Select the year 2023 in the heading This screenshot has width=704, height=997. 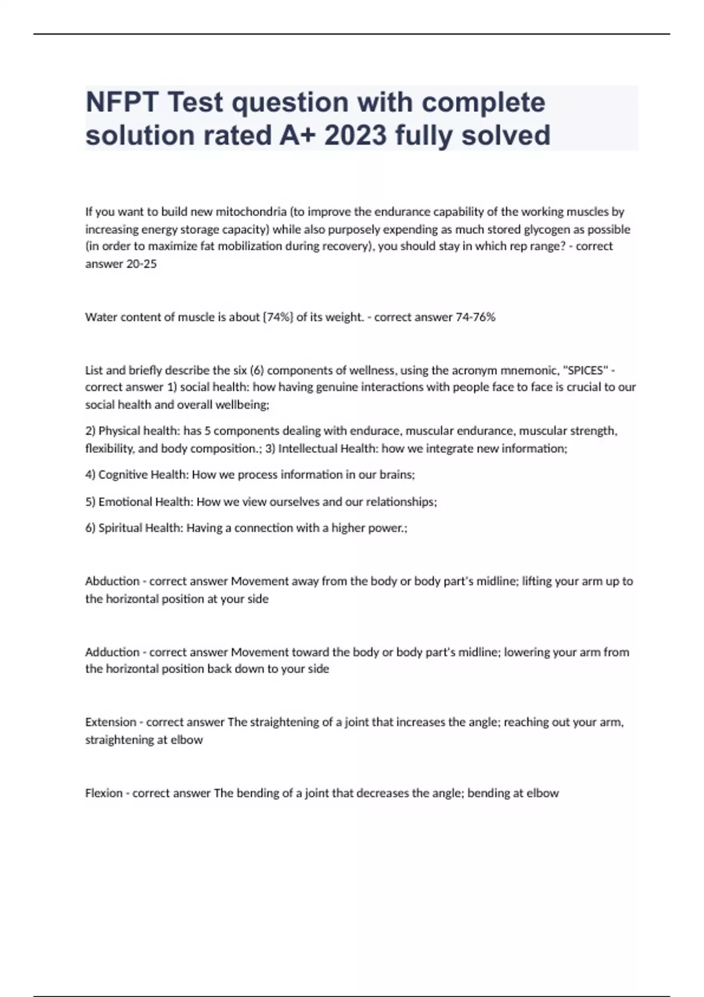pos(355,135)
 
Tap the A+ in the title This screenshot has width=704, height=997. pos(297,135)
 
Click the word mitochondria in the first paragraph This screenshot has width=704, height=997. pos(251,211)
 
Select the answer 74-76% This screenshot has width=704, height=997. pos(475,317)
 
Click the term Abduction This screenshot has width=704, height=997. pos(112,581)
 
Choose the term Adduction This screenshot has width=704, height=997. pos(112,652)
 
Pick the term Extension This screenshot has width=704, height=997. pos(110,723)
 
